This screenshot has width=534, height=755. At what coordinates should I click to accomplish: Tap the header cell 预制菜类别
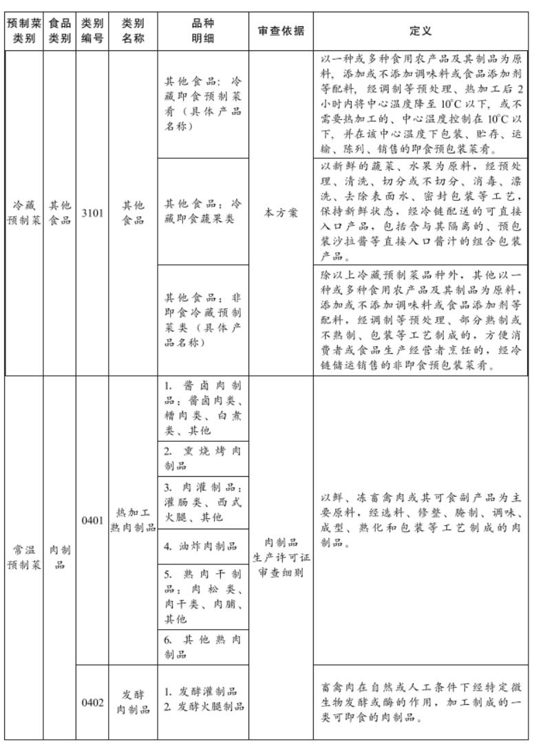click(23, 31)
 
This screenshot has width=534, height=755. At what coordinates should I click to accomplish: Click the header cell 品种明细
click(203, 31)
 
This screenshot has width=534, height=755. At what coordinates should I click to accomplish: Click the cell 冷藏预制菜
click(23, 213)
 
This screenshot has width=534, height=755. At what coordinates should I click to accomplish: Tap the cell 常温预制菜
click(23, 557)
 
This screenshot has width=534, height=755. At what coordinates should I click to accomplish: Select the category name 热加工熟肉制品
click(133, 521)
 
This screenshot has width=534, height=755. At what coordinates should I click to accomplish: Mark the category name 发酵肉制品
click(133, 703)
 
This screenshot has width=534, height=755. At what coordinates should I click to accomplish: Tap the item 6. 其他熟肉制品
click(203, 646)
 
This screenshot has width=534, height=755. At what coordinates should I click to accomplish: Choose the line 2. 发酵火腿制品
click(203, 710)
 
